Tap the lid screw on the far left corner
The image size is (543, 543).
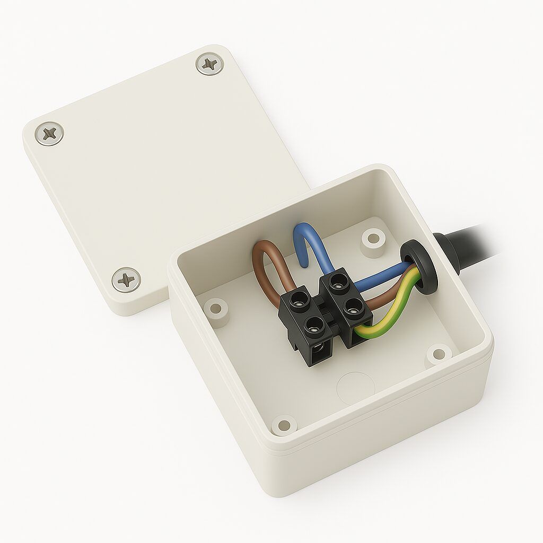point(49,133)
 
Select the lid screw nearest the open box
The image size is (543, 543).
point(126,279)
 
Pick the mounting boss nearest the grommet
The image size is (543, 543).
point(373,237)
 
